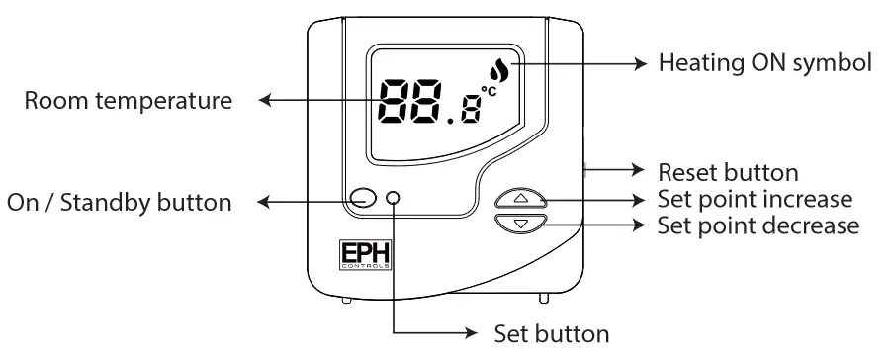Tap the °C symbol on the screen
pos(489,92)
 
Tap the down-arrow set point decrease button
pos(521,225)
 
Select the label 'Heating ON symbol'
pos(764,64)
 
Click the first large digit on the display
pos(397,101)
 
